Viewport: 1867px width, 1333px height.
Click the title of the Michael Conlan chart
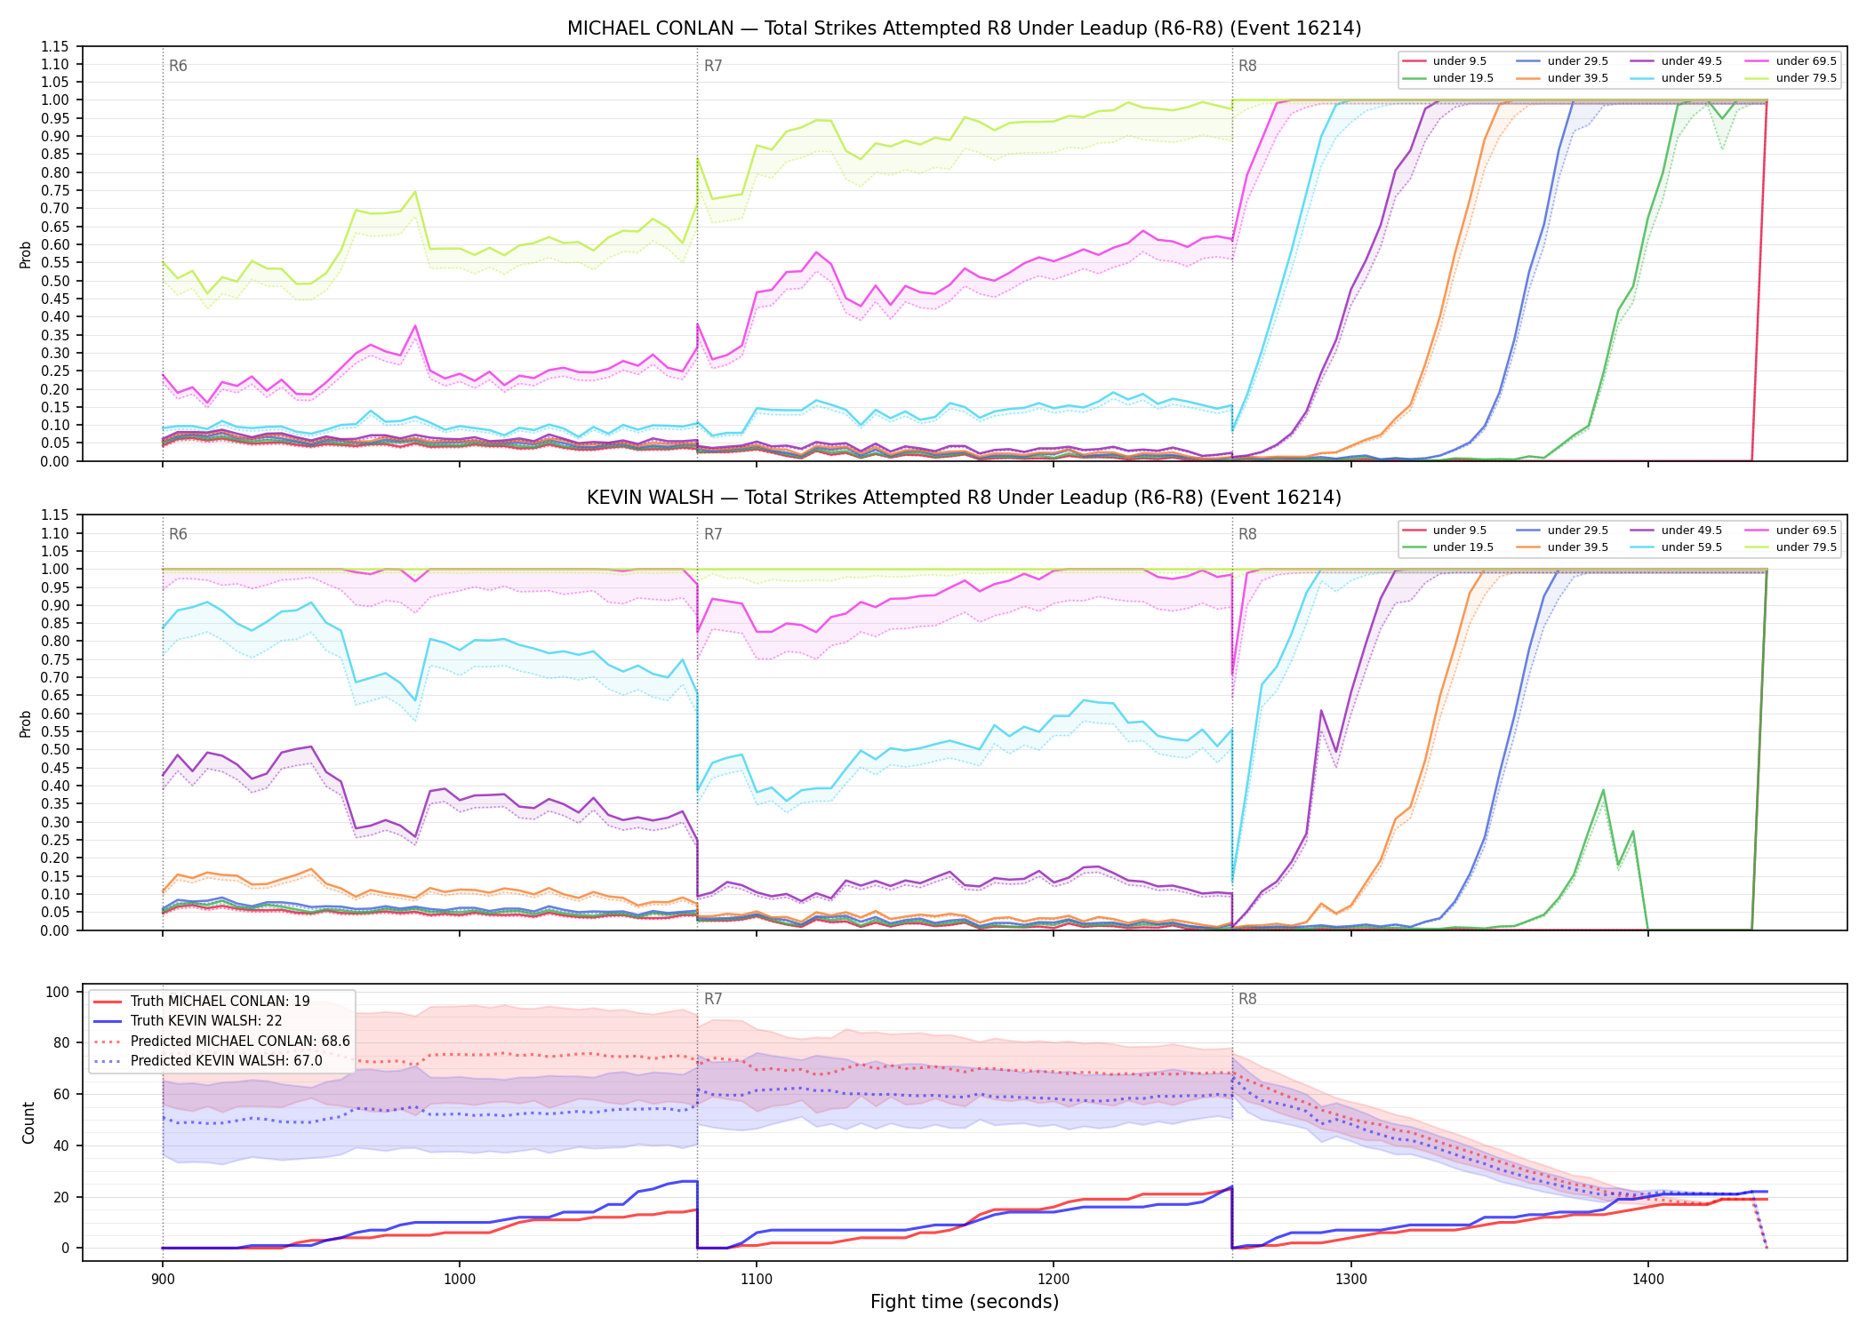coord(964,28)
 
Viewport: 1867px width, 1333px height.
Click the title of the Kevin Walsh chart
coord(964,498)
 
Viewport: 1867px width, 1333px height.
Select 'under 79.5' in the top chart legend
coord(1806,78)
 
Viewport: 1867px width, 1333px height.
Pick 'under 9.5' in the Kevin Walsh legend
coord(1460,531)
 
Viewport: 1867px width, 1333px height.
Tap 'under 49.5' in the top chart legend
coord(1691,61)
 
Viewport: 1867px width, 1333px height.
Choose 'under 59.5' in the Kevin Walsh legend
coord(1691,547)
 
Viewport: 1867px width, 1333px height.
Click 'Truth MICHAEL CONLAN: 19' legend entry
coord(220,1002)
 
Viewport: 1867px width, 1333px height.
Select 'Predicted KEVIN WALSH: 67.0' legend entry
coord(226,1061)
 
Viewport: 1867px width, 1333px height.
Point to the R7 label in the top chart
coord(713,66)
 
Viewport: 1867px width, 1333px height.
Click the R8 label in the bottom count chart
coord(1247,1000)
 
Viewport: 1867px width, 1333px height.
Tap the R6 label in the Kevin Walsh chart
coord(178,534)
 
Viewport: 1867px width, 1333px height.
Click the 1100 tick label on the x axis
coord(757,1280)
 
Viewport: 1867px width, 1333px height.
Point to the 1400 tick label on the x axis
coord(1648,1280)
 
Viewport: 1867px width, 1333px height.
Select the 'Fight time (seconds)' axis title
coord(965,1303)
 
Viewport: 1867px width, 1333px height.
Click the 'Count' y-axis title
coord(29,1123)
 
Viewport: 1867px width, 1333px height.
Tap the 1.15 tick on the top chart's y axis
coord(55,46)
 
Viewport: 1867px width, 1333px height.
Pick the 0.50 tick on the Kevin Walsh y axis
coord(55,750)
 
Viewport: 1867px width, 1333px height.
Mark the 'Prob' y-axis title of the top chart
coord(26,255)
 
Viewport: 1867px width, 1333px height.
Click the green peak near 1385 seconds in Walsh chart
coord(1603,790)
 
